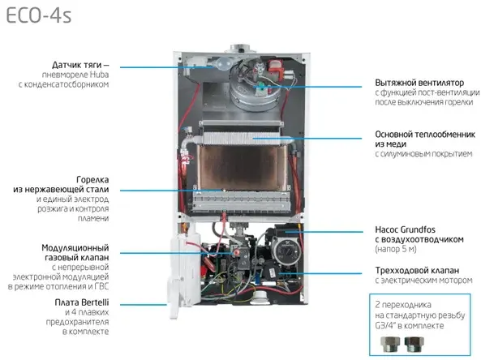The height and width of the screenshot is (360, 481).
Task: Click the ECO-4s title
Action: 39,16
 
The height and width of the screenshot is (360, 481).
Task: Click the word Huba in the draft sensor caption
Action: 99,75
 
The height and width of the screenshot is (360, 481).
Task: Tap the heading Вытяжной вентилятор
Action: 419,83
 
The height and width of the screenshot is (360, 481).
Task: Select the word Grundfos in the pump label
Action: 418,229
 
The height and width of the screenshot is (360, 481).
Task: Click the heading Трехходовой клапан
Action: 417,271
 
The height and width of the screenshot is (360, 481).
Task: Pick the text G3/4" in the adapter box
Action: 385,325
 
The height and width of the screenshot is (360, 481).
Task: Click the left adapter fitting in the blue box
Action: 390,344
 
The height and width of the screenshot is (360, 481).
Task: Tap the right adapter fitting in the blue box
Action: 414,344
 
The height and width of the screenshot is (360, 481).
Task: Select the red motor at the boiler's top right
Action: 275,68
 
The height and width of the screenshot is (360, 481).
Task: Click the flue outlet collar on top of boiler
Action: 240,49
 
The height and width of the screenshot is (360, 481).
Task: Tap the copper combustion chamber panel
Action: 243,167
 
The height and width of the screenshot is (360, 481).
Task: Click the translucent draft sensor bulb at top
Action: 223,64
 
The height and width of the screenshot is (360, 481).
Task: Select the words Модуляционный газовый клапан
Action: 75,253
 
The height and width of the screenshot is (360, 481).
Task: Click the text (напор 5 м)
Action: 396,249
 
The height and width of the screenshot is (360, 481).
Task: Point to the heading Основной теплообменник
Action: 425,135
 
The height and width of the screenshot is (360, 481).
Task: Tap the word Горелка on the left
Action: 92,180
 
